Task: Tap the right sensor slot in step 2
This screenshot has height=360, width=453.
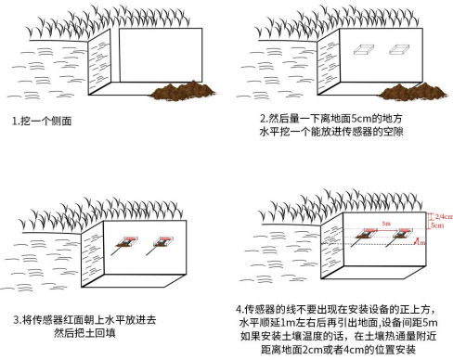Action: point(403,49)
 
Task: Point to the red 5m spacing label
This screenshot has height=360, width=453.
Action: point(384,223)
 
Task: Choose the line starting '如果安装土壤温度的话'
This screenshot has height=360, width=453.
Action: point(345,338)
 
